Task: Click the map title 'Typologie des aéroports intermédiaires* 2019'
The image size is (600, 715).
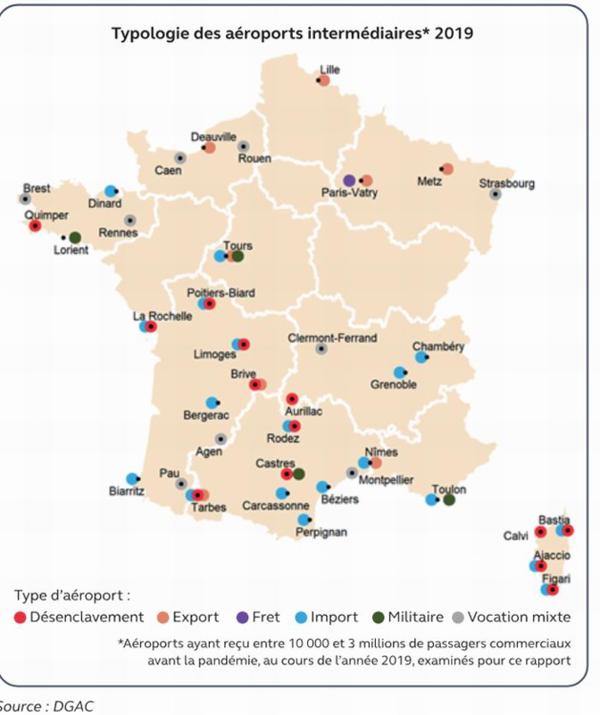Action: pos(292,34)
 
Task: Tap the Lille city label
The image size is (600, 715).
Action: pos(329,69)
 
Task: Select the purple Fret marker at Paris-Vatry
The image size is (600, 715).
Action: pos(349,180)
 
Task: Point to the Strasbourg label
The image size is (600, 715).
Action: pos(506,183)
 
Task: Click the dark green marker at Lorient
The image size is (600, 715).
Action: pos(75,237)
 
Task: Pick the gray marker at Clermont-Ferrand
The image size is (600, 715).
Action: pos(321,349)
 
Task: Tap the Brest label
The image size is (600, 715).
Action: pos(37,188)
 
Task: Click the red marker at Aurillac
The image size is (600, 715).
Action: pos(291,399)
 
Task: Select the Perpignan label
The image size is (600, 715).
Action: pos(322,533)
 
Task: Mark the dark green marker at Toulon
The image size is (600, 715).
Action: pos(449,500)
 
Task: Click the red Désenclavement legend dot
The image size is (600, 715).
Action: pos(20,617)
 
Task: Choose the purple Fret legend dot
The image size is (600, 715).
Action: pos(242,617)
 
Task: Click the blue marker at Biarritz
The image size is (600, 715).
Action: pos(132,478)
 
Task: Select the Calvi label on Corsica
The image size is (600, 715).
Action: pos(515,536)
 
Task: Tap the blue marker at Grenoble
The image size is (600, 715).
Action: pos(400,372)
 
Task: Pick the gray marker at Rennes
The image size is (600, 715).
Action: pos(130,220)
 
